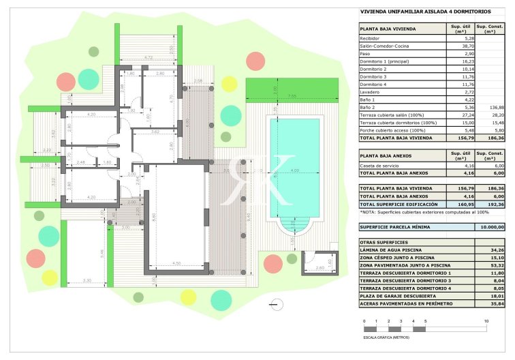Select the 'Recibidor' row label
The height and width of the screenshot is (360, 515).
coord(370,39)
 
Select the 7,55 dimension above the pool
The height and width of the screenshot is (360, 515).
coord(292,95)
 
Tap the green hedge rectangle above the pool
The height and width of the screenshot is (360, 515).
coord(292,87)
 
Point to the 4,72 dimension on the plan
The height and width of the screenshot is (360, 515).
coord(148,57)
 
